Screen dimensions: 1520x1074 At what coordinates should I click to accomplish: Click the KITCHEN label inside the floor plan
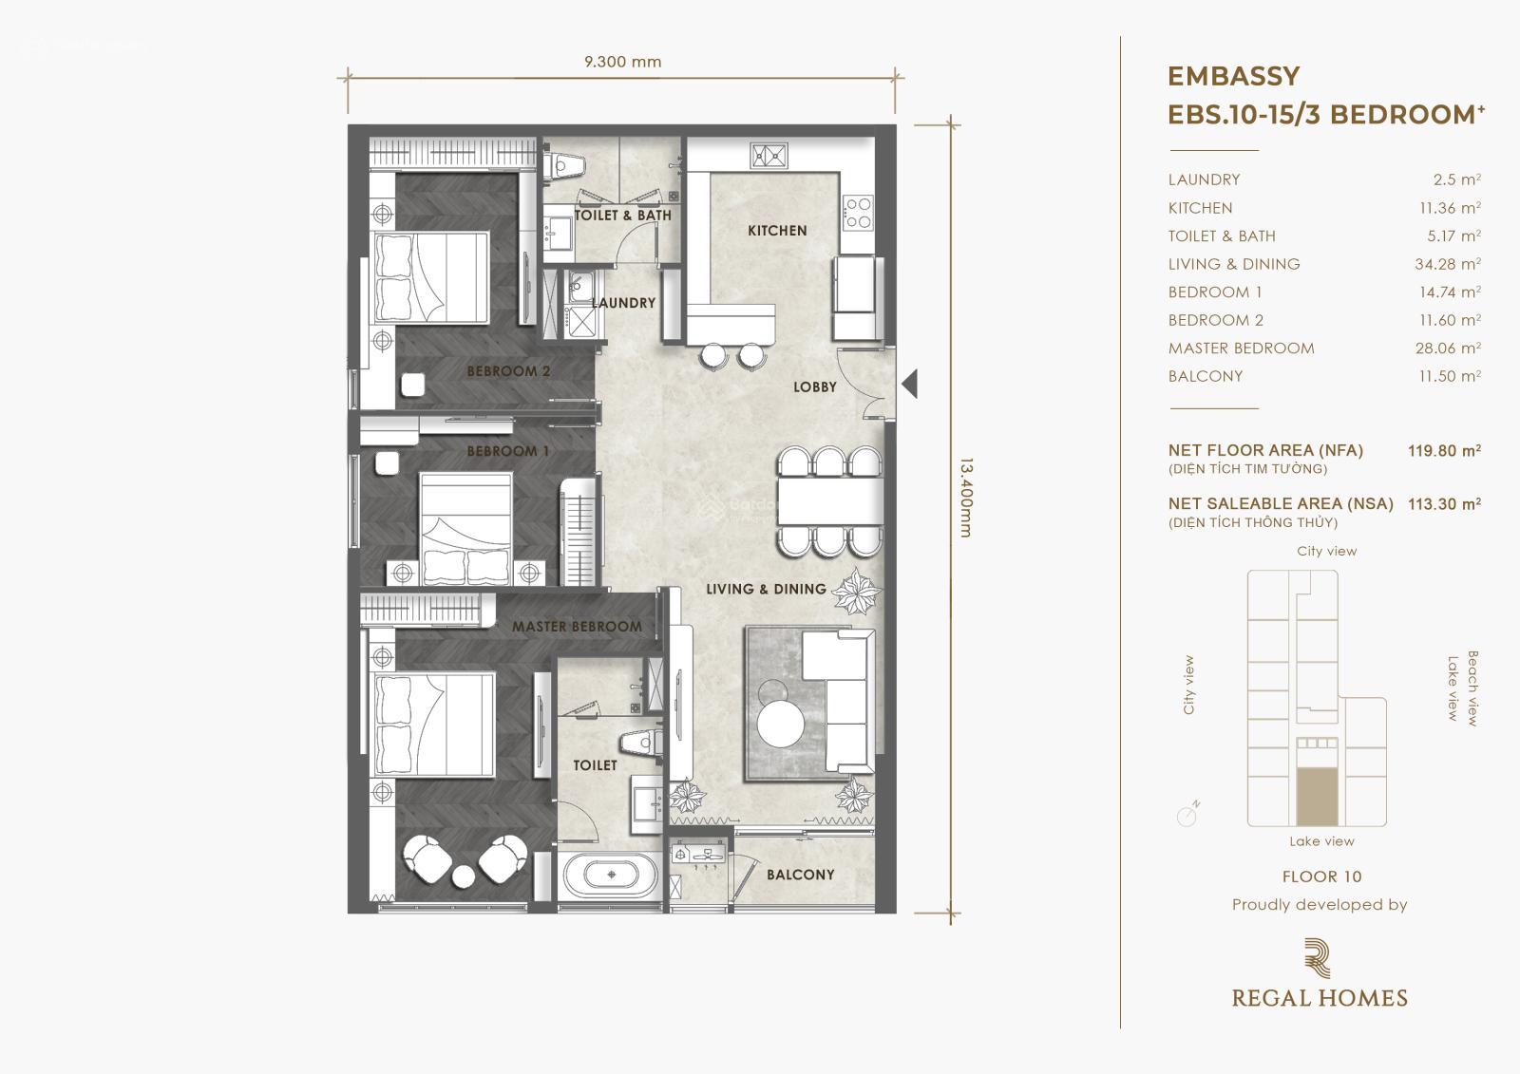(x=777, y=231)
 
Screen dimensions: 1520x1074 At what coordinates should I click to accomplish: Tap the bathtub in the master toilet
(x=611, y=875)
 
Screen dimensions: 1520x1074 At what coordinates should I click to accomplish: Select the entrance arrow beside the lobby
(x=909, y=384)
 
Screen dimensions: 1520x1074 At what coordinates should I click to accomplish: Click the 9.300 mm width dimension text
(x=622, y=62)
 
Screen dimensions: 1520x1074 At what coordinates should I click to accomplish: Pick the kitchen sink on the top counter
(x=769, y=156)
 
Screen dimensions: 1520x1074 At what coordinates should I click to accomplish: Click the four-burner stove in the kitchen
(x=858, y=213)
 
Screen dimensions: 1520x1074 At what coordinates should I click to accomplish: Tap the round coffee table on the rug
(x=781, y=724)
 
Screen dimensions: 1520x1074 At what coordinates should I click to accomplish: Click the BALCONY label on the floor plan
(x=801, y=875)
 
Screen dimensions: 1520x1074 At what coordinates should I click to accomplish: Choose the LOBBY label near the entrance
(x=815, y=386)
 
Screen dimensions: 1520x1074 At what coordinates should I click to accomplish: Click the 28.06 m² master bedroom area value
(x=1448, y=349)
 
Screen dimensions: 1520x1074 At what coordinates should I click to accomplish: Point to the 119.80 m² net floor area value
(x=1444, y=450)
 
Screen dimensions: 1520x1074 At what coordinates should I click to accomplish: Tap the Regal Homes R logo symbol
(x=1317, y=958)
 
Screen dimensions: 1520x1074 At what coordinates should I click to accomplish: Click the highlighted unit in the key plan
(x=1317, y=797)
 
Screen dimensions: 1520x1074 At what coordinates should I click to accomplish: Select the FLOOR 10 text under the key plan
(x=1321, y=876)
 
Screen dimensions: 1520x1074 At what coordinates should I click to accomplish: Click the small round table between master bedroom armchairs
(x=465, y=876)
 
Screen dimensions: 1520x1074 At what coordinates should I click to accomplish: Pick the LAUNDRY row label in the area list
(x=1204, y=179)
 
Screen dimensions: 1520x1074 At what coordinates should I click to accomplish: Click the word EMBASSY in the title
(x=1234, y=76)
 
